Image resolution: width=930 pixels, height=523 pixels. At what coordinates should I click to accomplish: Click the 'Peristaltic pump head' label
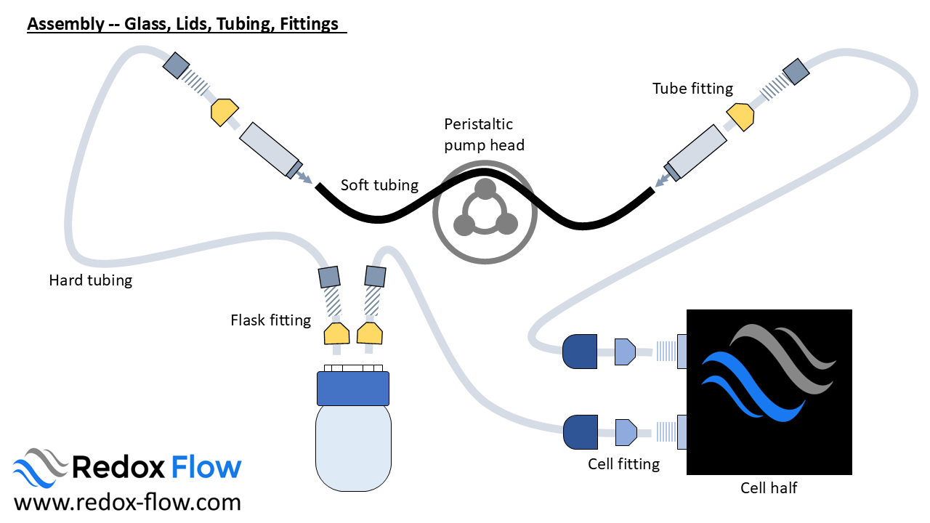pyautogui.click(x=484, y=134)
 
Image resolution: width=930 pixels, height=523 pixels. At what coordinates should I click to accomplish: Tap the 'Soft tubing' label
pyautogui.click(x=379, y=185)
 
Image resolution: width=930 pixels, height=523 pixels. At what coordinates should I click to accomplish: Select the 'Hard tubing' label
pyautogui.click(x=90, y=280)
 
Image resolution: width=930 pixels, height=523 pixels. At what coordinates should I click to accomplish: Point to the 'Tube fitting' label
pyautogui.click(x=692, y=89)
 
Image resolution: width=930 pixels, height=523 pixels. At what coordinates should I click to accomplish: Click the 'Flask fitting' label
pyautogui.click(x=270, y=320)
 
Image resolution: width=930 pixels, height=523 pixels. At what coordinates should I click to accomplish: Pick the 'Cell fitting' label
pyautogui.click(x=623, y=463)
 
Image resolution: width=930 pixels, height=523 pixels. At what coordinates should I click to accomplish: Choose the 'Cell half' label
pyautogui.click(x=769, y=488)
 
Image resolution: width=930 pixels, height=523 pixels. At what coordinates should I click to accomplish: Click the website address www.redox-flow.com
pyautogui.click(x=127, y=502)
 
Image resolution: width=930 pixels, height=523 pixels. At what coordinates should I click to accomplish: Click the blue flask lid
pyautogui.click(x=353, y=388)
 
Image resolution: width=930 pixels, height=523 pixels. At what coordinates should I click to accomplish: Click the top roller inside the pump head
pyautogui.click(x=485, y=189)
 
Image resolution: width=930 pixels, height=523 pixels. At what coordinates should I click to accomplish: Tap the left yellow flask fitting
pyautogui.click(x=337, y=334)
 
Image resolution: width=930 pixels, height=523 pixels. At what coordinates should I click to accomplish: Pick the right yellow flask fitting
pyautogui.click(x=370, y=333)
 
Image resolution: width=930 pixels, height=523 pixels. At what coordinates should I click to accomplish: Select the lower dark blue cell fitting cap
pyautogui.click(x=580, y=431)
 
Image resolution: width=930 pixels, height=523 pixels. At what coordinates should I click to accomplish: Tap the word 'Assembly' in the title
pyautogui.click(x=64, y=24)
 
